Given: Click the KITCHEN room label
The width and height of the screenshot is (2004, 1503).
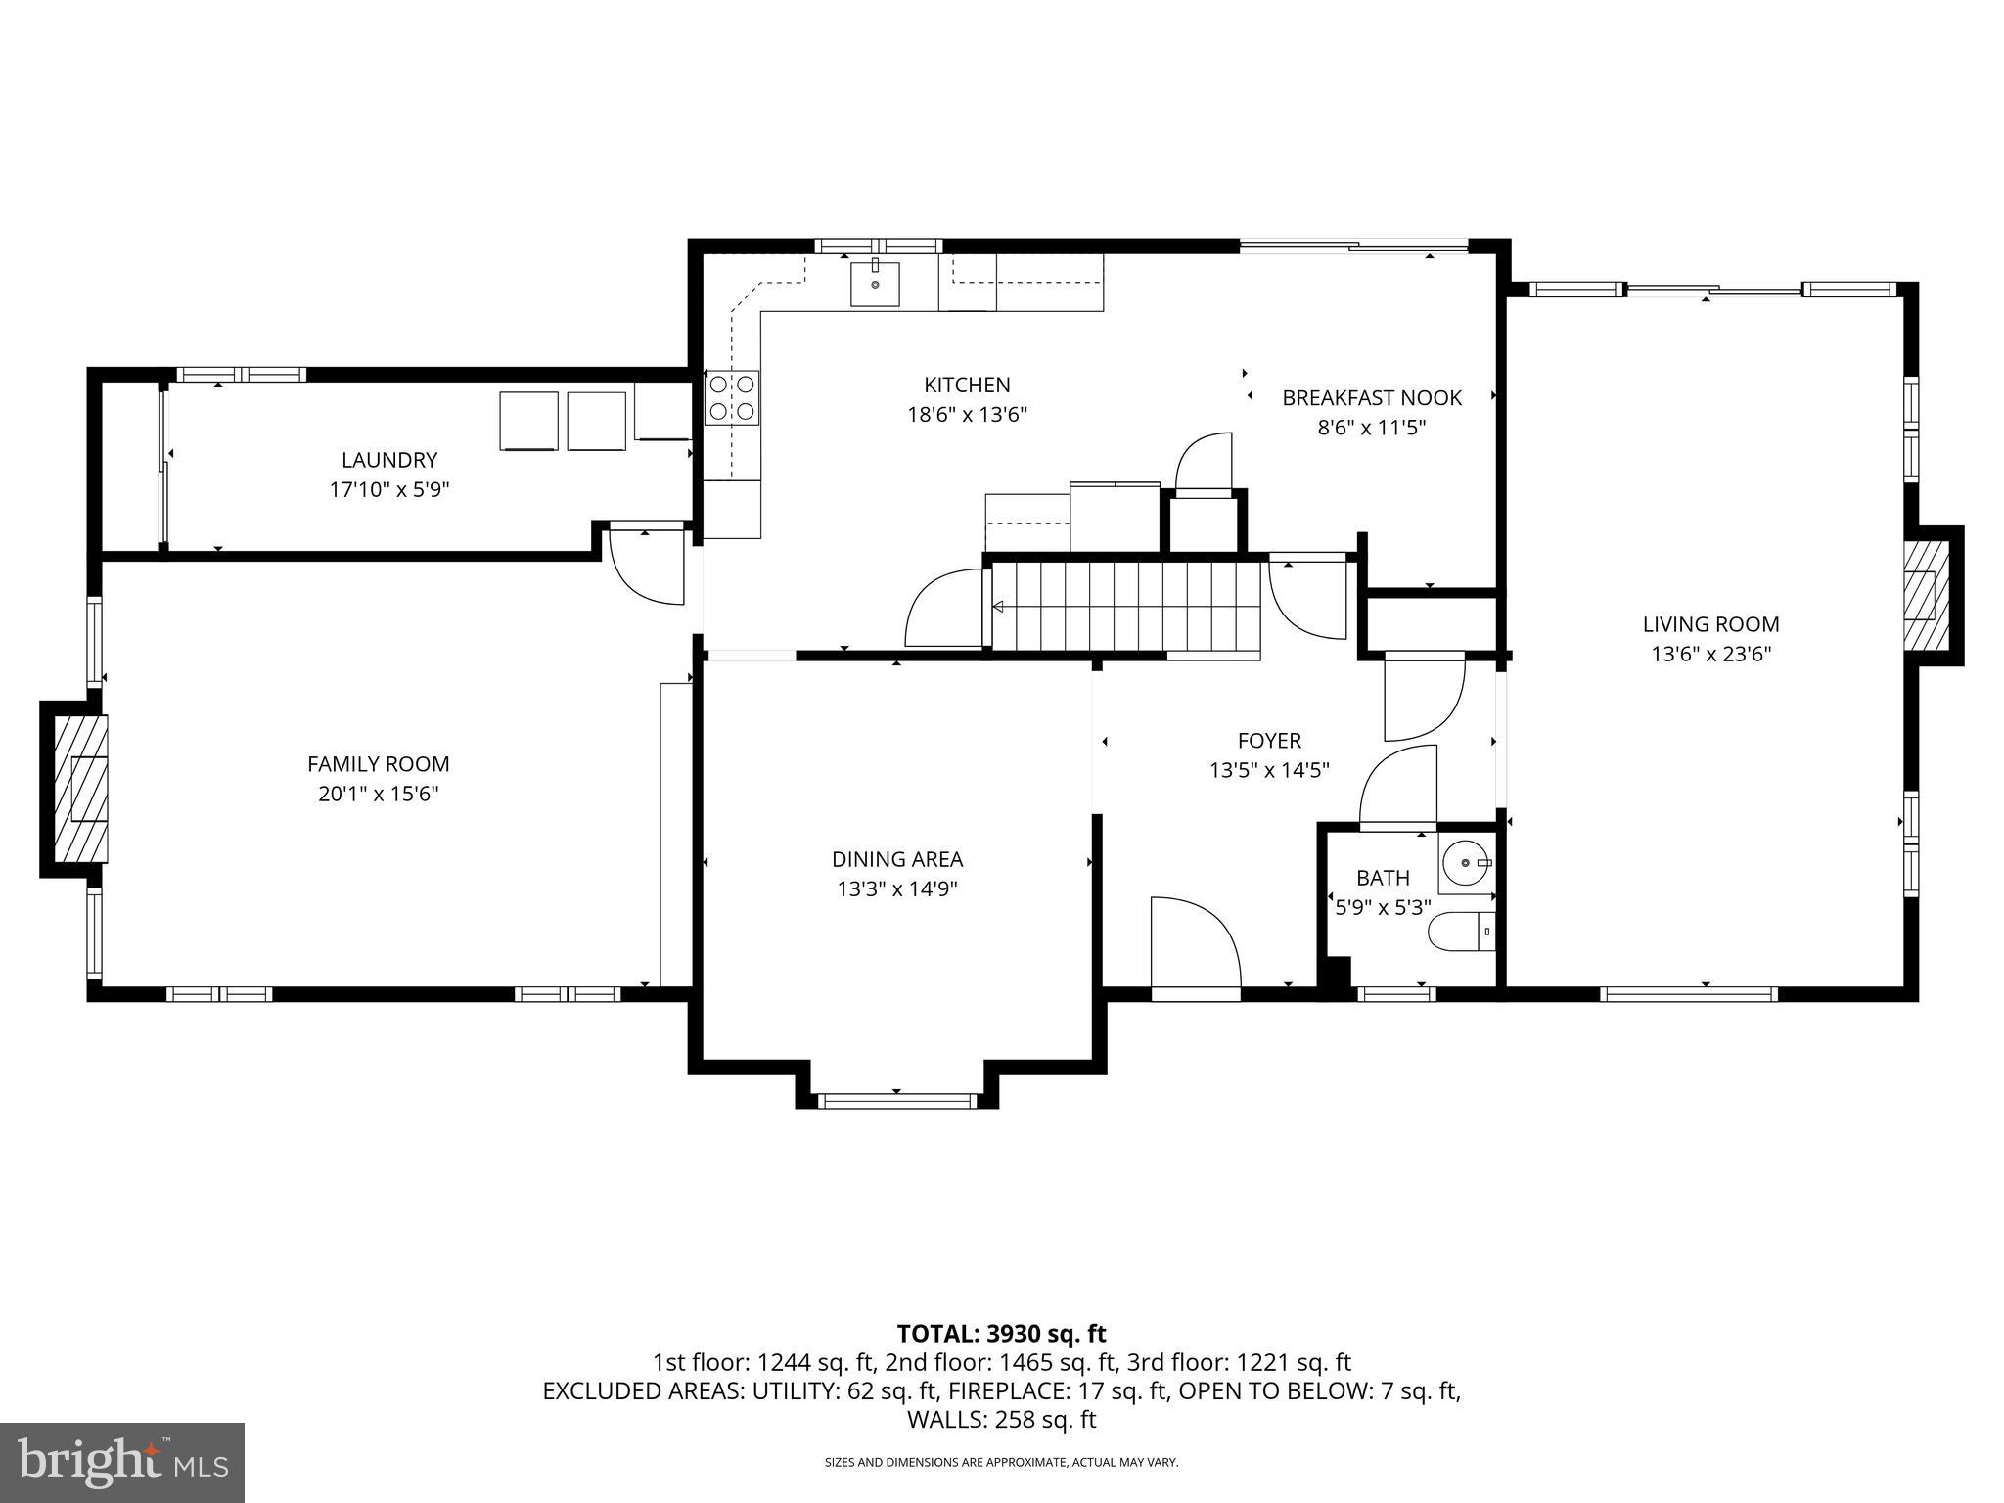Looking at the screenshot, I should (967, 385).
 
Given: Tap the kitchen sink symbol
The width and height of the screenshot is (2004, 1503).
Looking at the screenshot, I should (875, 283).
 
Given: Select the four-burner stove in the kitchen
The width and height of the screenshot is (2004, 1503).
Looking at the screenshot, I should (732, 397).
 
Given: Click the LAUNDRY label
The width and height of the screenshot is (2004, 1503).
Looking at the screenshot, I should (388, 460).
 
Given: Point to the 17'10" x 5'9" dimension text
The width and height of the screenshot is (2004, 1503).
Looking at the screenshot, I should (388, 489).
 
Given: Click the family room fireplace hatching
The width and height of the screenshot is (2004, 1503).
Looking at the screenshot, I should (80, 789).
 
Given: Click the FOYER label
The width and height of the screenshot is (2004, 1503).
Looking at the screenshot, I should (1269, 741).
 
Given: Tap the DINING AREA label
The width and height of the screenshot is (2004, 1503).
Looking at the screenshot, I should (896, 859).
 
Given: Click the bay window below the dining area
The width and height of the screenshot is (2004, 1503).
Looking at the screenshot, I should (897, 1101).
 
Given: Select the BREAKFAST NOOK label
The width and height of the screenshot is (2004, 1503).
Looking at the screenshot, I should (1371, 397).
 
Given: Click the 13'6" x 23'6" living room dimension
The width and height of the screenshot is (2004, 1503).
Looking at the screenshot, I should (1710, 654).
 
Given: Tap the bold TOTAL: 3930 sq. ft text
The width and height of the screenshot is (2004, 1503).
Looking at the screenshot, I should (1001, 1333).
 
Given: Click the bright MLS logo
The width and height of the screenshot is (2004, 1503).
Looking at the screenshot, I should (122, 1462).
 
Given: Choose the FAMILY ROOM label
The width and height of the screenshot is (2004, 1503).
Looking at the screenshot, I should (378, 764).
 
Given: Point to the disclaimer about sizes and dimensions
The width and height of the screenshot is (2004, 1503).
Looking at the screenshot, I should (1001, 1462).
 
